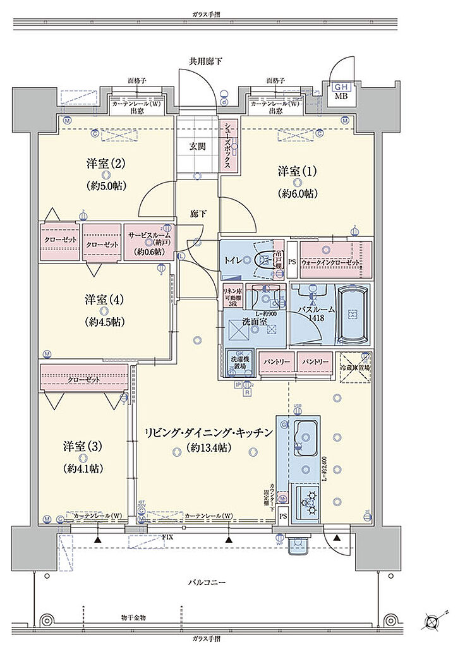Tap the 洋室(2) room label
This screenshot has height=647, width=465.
tap(105, 164)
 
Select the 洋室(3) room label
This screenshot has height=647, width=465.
tap(83, 446)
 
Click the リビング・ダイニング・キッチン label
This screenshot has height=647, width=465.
tap(208, 433)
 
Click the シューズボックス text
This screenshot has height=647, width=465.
tap(228, 146)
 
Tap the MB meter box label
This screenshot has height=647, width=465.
tap(341, 96)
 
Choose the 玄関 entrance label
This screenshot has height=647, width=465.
tap(196, 147)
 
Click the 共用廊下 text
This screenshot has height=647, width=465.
tap(205, 61)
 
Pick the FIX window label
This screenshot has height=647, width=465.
tap(167, 536)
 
